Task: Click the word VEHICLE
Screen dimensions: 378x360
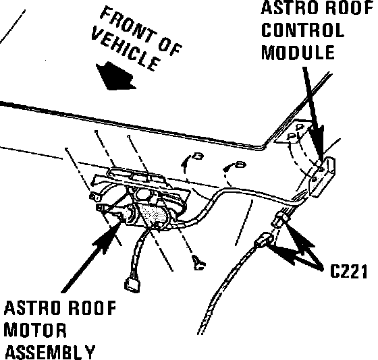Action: pyautogui.click(x=126, y=49)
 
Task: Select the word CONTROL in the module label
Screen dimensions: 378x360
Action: pyautogui.click(x=302, y=30)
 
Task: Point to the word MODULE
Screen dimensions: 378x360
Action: pyautogui.click(x=298, y=52)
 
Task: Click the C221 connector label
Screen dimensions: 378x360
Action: pyautogui.click(x=348, y=272)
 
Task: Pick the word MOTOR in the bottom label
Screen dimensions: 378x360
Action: pyautogui.click(x=35, y=330)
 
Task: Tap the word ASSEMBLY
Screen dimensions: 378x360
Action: pyautogui.click(x=50, y=352)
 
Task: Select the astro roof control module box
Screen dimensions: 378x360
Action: pyautogui.click(x=322, y=176)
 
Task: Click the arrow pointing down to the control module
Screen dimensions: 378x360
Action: pyautogui.click(x=313, y=113)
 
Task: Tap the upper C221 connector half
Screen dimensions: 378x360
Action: pyautogui.click(x=279, y=219)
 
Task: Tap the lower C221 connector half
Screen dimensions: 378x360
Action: pyautogui.click(x=264, y=240)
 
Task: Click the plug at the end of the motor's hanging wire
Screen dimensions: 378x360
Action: pyautogui.click(x=132, y=284)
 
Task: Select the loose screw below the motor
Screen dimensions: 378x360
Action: pyautogui.click(x=198, y=262)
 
